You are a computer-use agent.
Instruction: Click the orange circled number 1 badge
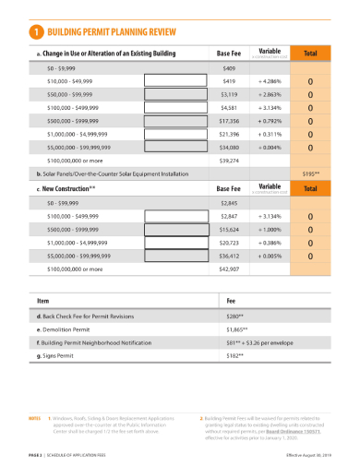click(35, 31)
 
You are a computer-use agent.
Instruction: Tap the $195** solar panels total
click(310, 173)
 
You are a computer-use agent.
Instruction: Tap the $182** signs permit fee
click(235, 354)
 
